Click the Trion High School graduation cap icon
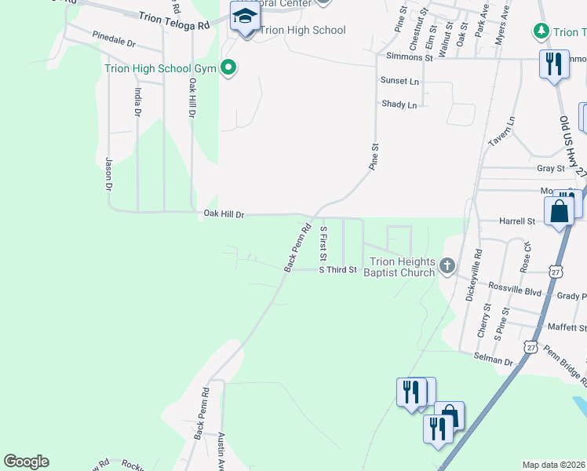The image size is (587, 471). (x=245, y=17)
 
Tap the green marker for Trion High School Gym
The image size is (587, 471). (x=228, y=68)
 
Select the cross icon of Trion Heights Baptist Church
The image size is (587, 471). (x=447, y=265)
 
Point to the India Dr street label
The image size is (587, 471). (x=137, y=102)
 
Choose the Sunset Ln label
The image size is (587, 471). (x=399, y=81)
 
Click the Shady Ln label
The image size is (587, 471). (x=399, y=104)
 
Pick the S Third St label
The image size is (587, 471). (x=337, y=270)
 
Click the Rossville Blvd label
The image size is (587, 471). (x=515, y=292)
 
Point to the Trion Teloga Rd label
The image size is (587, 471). (x=174, y=21)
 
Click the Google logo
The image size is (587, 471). (x=26, y=462)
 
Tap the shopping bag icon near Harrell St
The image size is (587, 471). (x=559, y=211)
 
